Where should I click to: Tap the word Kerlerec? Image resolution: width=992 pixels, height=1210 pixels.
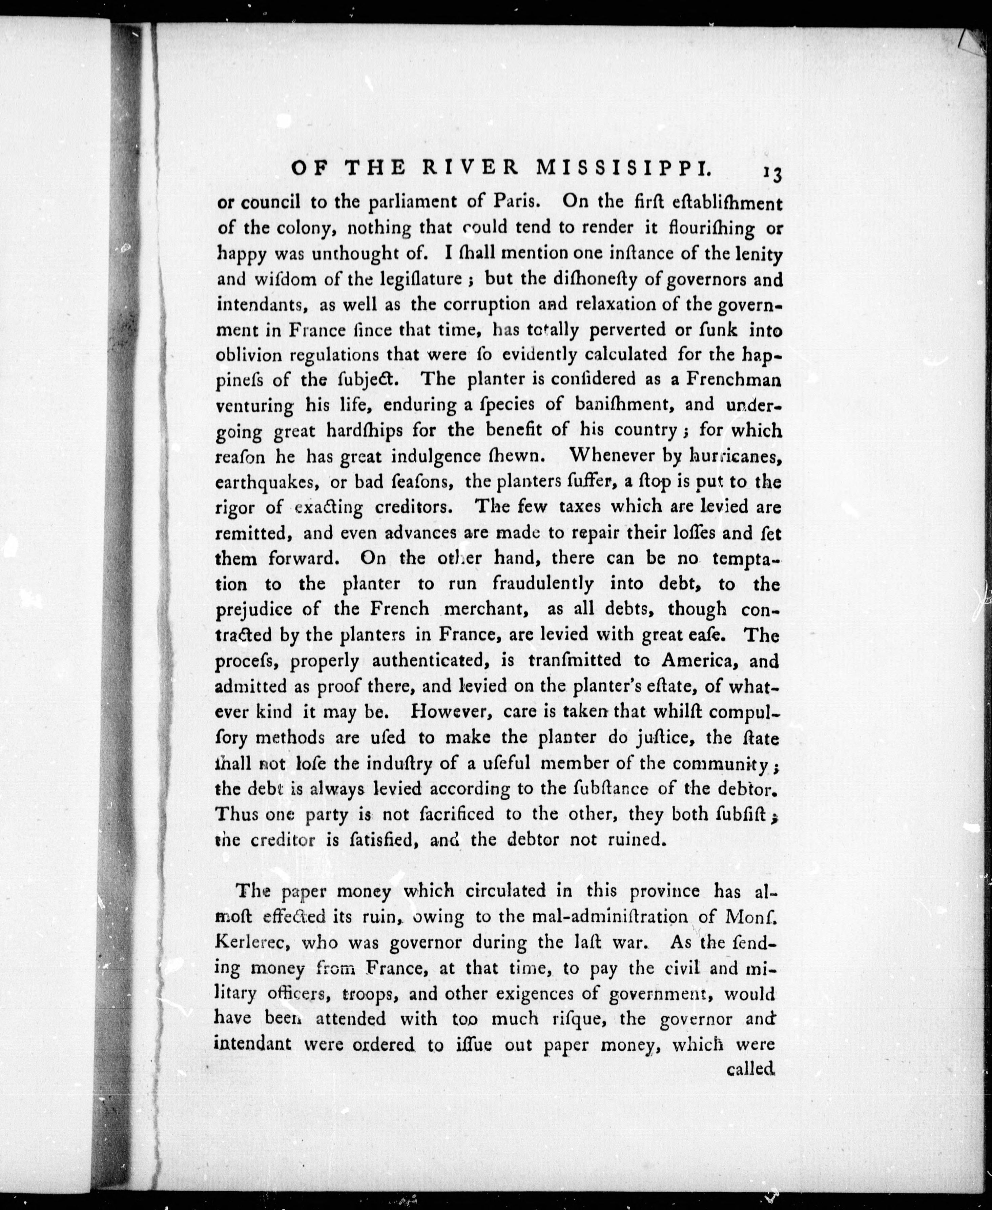pyautogui.click(x=252, y=942)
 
